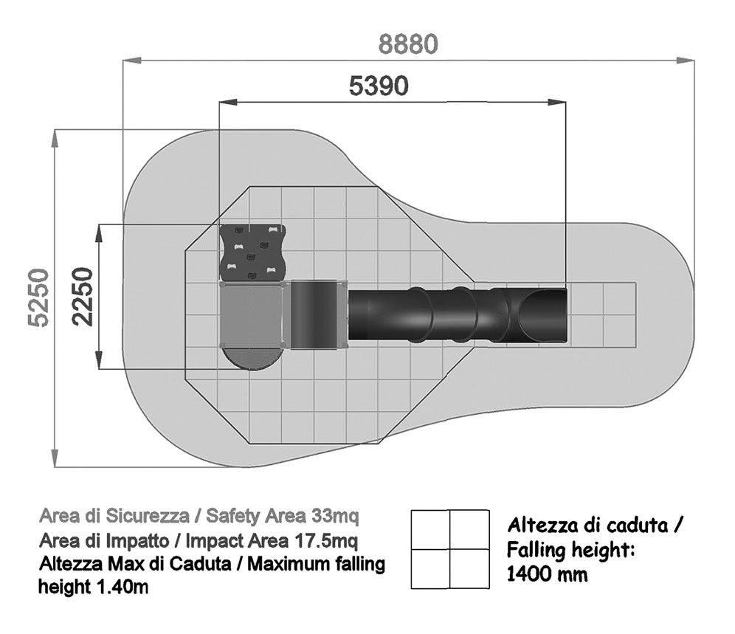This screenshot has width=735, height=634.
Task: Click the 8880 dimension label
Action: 408,44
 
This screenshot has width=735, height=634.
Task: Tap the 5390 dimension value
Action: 379,86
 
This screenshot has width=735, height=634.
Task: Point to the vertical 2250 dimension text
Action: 83,297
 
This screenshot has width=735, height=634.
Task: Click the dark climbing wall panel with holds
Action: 253,252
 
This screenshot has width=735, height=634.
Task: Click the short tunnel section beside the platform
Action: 314,314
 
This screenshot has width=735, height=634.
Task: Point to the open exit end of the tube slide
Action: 544,315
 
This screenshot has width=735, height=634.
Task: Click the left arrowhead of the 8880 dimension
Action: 131,61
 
